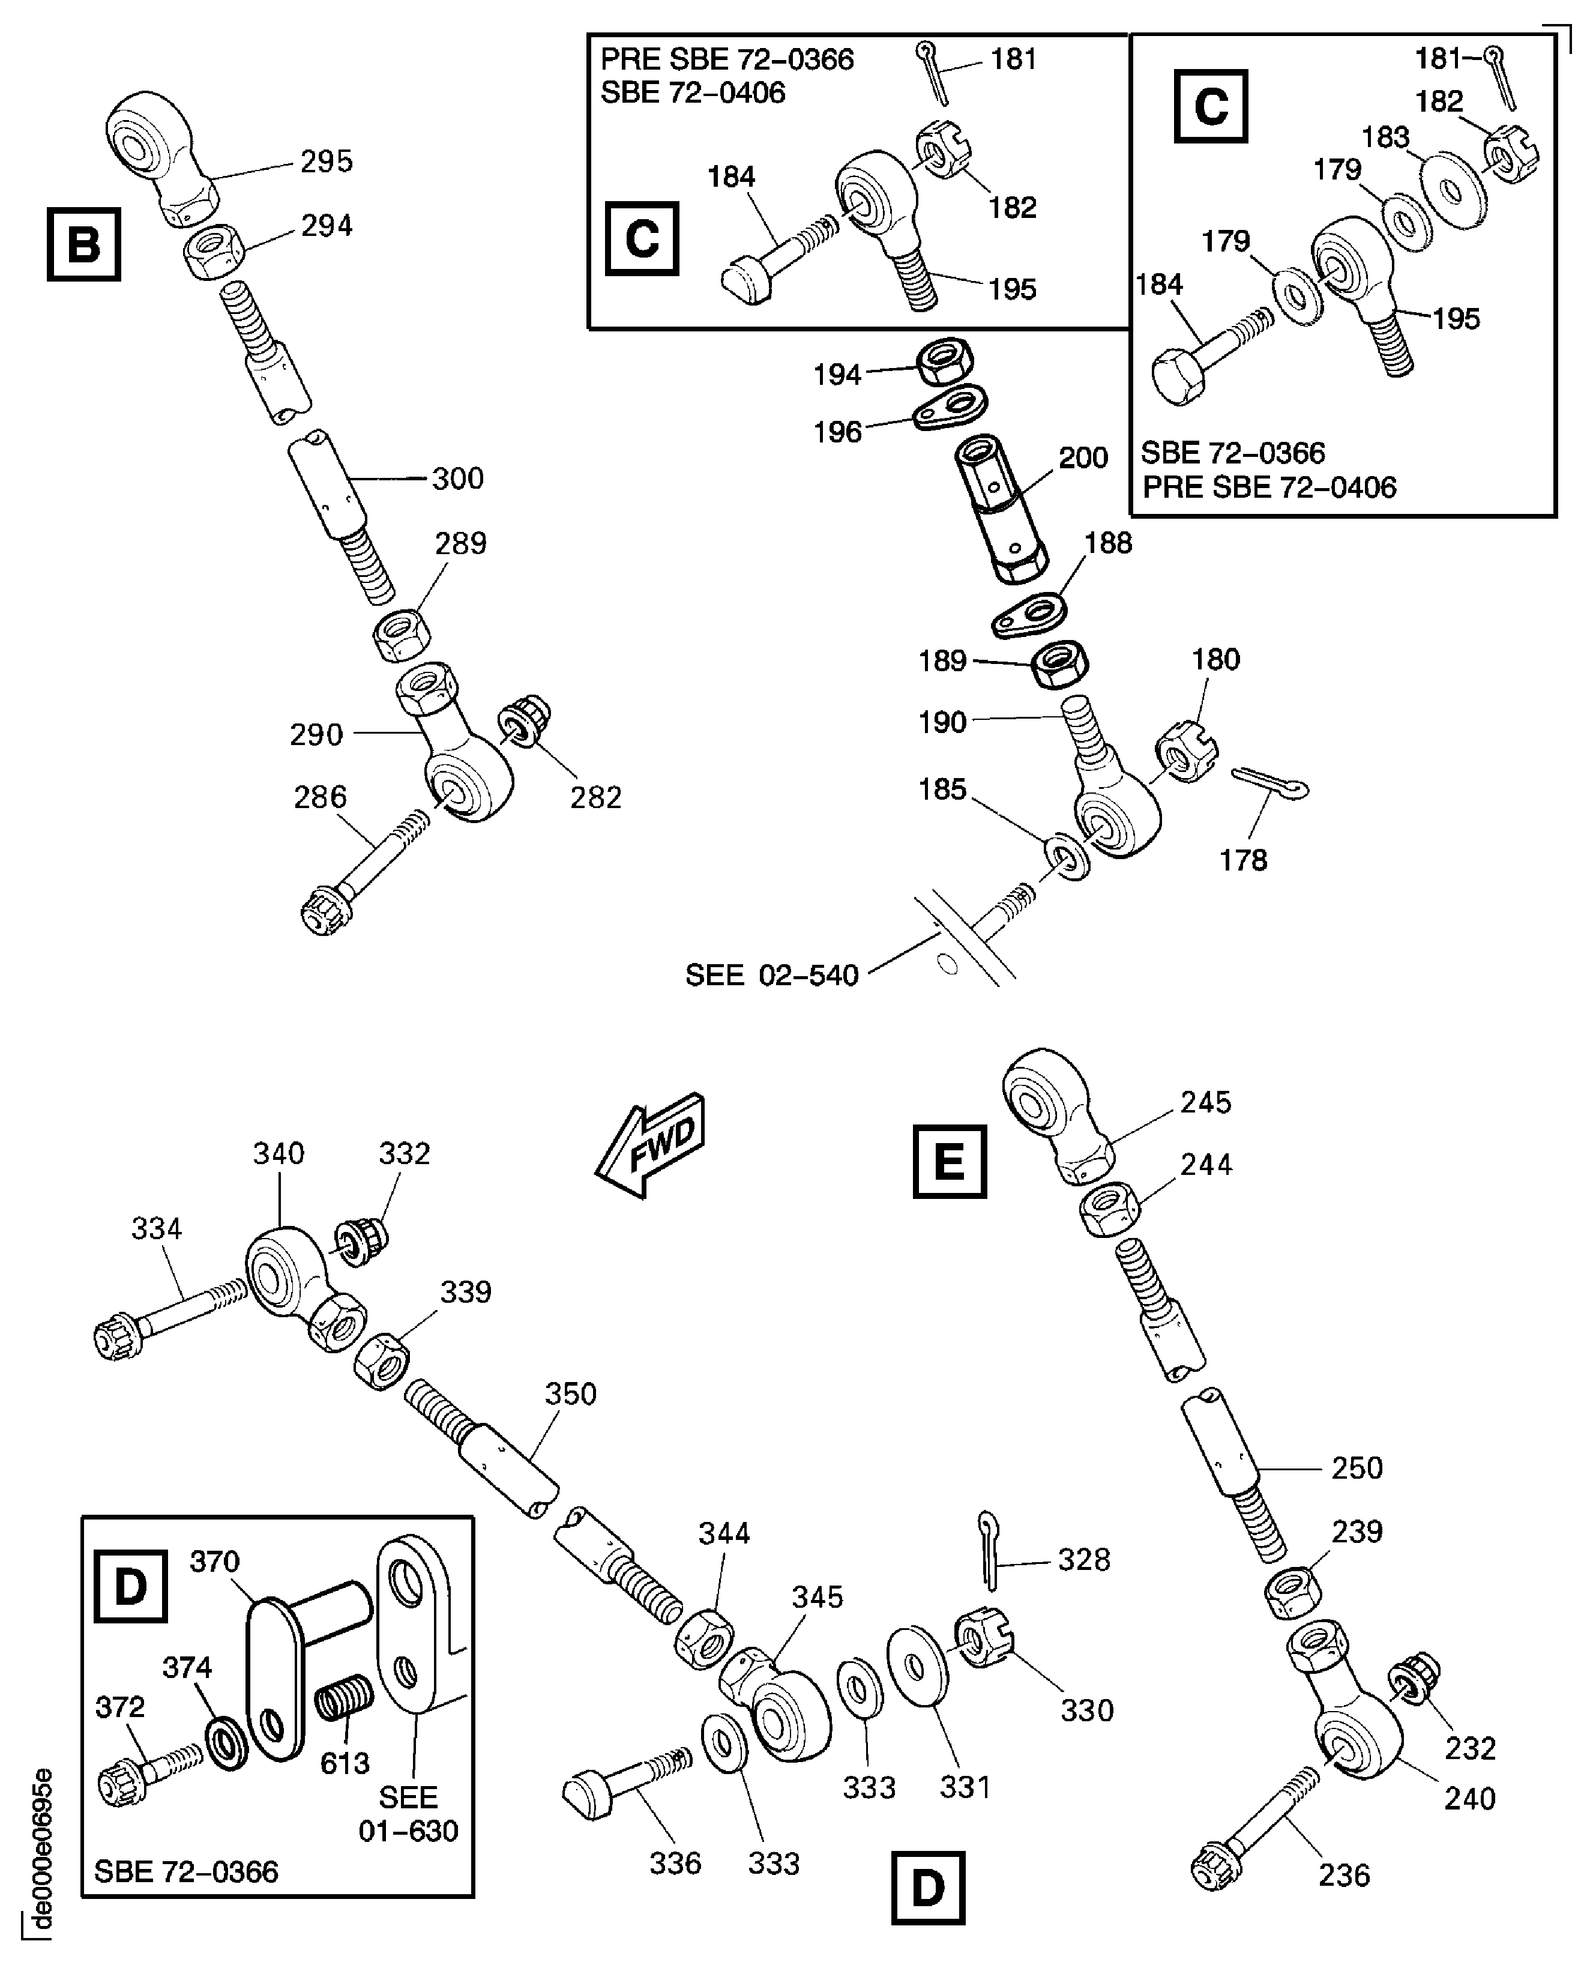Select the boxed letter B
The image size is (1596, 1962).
click(83, 244)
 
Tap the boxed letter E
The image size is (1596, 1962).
click(949, 1161)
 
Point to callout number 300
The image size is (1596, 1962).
click(457, 478)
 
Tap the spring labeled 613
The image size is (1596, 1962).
click(344, 1698)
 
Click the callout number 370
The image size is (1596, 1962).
click(214, 1561)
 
